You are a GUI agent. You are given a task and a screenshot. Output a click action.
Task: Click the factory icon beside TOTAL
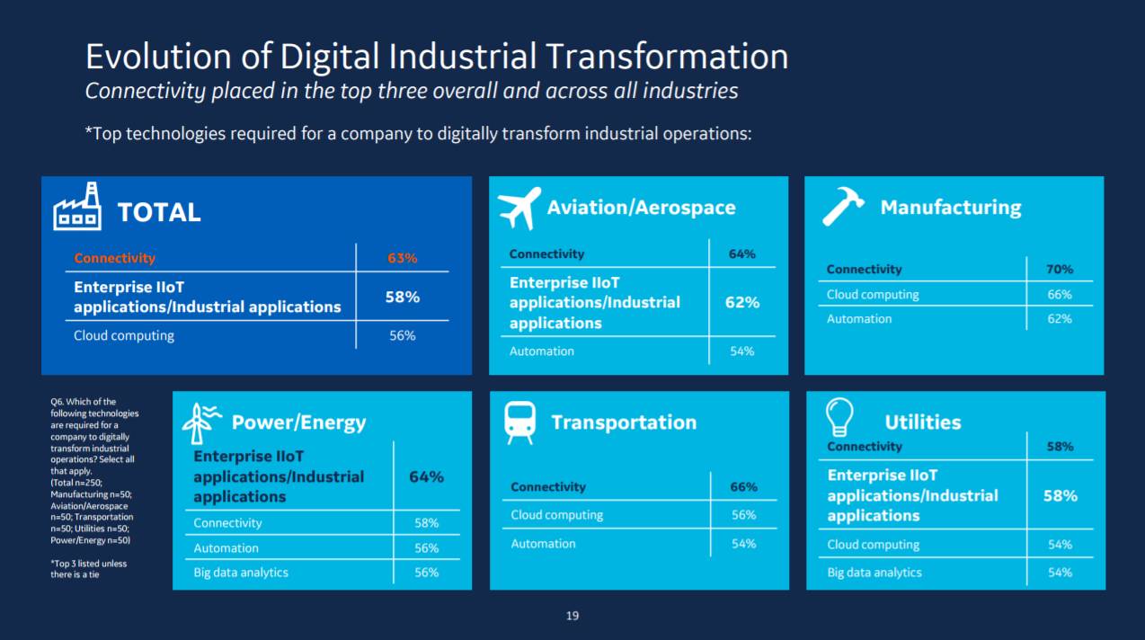pos(77,208)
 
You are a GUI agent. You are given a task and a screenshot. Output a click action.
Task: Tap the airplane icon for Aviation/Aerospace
pos(519,208)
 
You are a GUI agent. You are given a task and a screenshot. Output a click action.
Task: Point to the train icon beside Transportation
pos(519,422)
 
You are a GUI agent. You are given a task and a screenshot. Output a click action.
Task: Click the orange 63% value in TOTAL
pos(403,258)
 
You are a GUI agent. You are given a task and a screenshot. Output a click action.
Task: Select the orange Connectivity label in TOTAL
pos(114,258)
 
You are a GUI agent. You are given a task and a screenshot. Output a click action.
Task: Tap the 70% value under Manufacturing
pos(1060,269)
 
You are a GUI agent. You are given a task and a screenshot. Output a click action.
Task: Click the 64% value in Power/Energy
pos(426,476)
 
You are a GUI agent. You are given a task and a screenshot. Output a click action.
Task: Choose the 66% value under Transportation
pos(743,487)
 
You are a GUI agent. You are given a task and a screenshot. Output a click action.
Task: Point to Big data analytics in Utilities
pos(874,573)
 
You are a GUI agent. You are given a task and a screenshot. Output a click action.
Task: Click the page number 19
pos(572,616)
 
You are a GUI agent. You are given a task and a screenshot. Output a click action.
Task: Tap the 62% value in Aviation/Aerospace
pos(742,302)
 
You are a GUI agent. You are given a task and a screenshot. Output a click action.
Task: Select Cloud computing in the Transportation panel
pos(557,515)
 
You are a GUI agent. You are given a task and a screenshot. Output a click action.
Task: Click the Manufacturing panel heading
pos(951,208)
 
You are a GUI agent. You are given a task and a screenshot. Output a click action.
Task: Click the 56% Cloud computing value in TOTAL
pos(402,335)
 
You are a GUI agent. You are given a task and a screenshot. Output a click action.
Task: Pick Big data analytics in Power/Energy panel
pos(241,573)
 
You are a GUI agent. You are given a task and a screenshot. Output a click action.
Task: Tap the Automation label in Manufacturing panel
pos(859,319)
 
